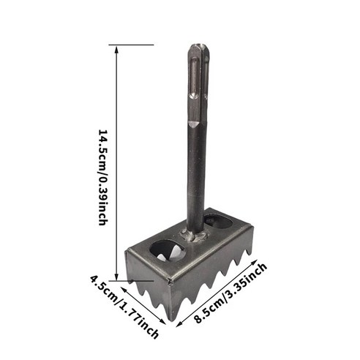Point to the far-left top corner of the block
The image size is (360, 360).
[x=127, y=251]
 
